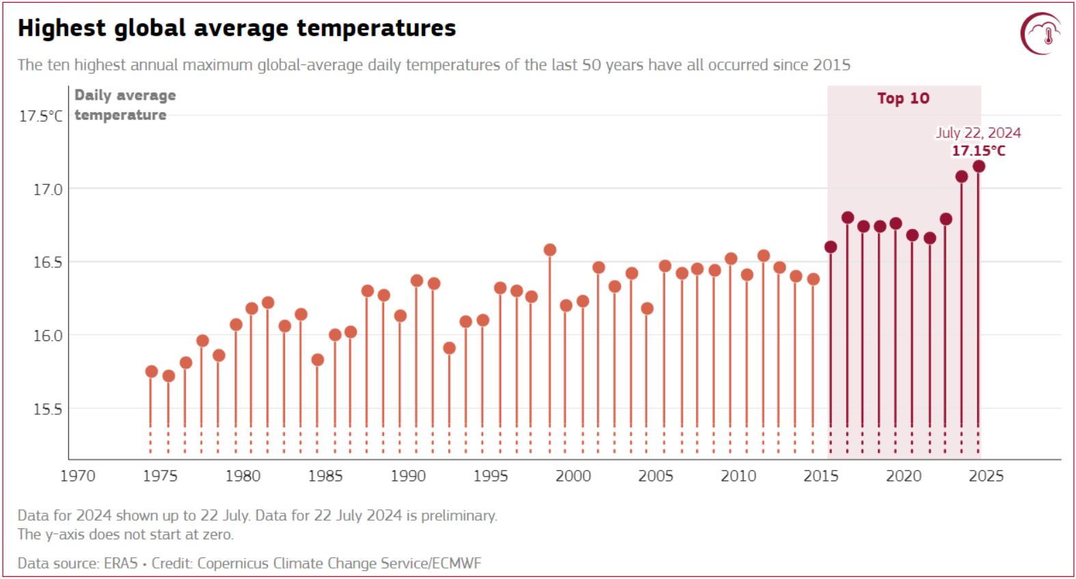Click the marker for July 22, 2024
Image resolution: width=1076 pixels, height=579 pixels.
(x=978, y=166)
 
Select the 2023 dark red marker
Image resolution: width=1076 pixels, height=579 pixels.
(x=962, y=176)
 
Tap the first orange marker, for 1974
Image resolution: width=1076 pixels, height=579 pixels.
(x=151, y=371)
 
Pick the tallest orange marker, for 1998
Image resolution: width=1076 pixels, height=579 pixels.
(x=550, y=250)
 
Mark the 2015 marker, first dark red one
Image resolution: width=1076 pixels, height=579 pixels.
(x=831, y=247)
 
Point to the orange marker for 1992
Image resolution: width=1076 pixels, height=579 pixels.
(x=449, y=348)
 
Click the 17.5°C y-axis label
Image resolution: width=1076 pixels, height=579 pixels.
(x=40, y=116)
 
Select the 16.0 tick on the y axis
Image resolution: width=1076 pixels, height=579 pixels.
(x=47, y=336)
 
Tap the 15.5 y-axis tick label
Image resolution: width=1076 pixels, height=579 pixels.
(x=47, y=409)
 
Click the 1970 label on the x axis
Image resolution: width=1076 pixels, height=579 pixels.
(x=77, y=476)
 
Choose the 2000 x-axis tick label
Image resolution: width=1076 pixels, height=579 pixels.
(x=573, y=476)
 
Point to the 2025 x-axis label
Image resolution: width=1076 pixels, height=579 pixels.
(x=986, y=476)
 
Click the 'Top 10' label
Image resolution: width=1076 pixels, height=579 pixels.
(x=903, y=98)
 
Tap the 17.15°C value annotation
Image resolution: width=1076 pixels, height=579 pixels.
(x=978, y=150)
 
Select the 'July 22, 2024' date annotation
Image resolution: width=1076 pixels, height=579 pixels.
(x=978, y=133)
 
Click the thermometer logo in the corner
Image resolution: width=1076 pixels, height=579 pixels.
(x=1041, y=33)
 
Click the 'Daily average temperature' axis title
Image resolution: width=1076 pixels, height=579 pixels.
(x=124, y=105)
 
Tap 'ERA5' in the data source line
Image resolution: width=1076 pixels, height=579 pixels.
(x=120, y=563)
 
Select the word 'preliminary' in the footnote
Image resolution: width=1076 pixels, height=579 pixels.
(x=457, y=515)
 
